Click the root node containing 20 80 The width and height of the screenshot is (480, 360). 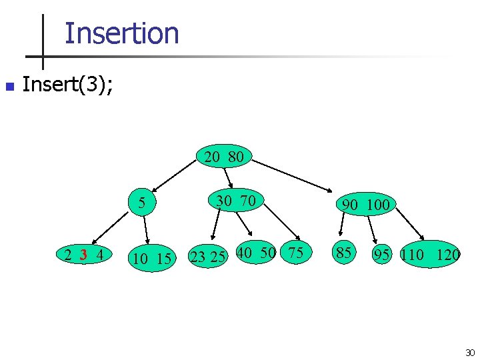[224, 158]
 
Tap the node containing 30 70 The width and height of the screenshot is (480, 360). [236, 200]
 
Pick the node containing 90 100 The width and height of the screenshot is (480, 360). [365, 205]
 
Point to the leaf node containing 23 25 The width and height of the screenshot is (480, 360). [207, 257]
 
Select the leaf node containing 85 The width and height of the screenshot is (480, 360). [343, 253]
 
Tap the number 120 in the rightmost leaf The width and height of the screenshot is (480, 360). [448, 255]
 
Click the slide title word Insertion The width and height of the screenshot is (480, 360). [121, 33]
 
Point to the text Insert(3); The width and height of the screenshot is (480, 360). [67, 85]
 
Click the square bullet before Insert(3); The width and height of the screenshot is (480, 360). [9, 87]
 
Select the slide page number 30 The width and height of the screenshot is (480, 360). [469, 353]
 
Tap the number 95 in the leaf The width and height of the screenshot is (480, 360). [382, 255]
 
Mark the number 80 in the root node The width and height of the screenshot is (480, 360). [235, 158]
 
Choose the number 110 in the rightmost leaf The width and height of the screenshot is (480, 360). [412, 255]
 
